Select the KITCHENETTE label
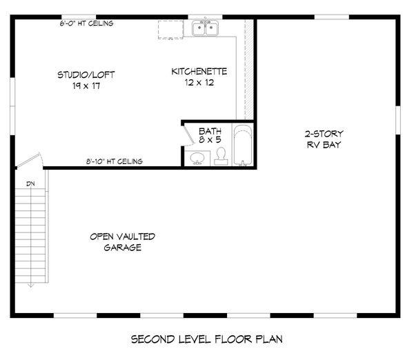[199, 71]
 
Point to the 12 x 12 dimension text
[199, 83]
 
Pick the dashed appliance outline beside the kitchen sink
[169, 30]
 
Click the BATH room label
[209, 130]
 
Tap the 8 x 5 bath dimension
[209, 140]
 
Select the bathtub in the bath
[243, 146]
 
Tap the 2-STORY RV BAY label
[324, 139]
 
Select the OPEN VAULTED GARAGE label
[122, 242]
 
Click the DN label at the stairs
[30, 183]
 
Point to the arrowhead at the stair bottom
[30, 283]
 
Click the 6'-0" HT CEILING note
[86, 23]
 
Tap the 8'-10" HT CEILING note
[115, 161]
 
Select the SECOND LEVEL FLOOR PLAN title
[206, 339]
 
